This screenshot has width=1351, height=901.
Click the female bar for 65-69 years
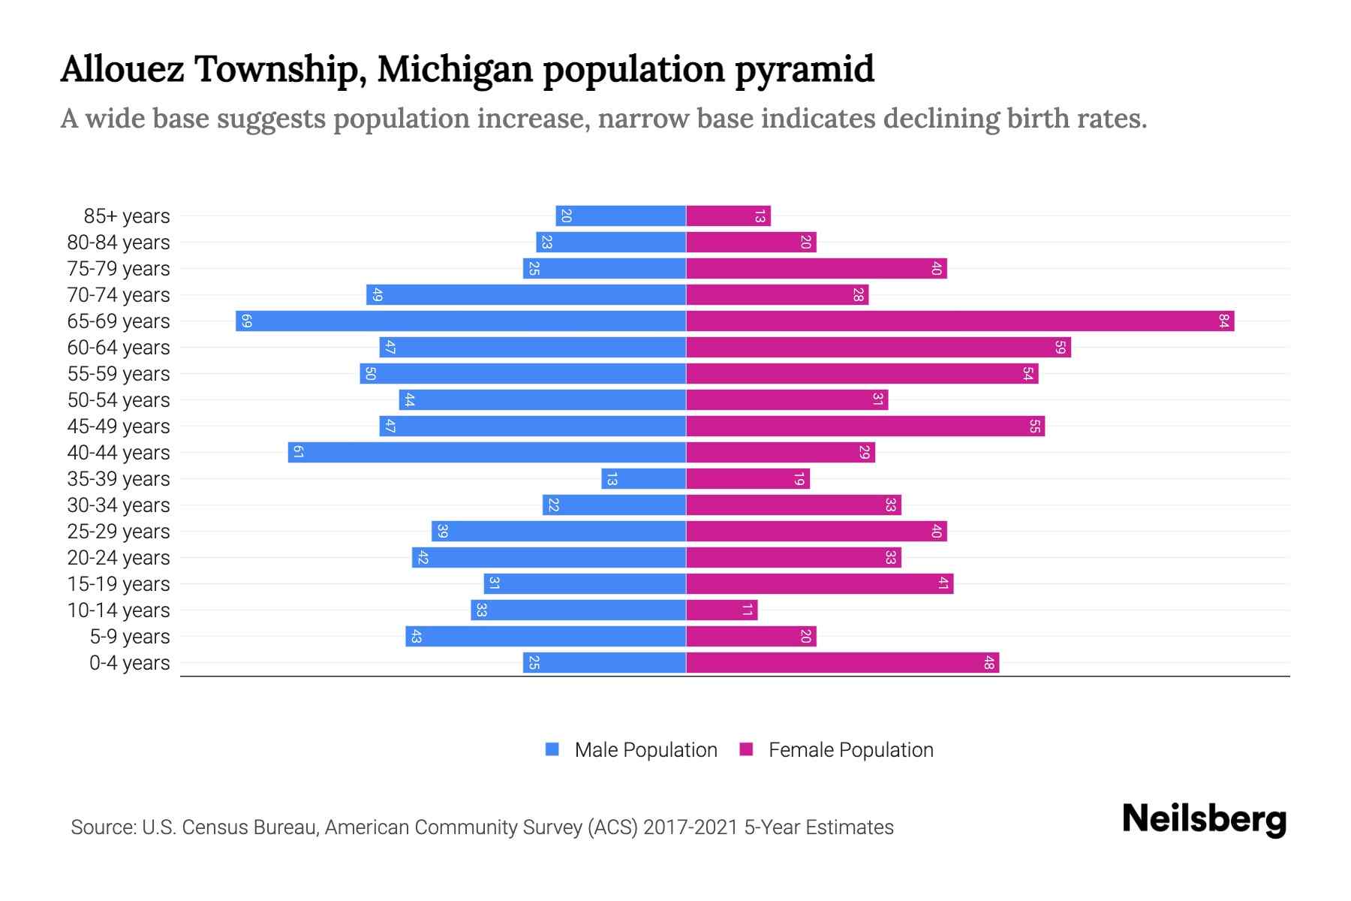click(959, 321)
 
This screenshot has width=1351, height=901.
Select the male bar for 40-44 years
click(486, 453)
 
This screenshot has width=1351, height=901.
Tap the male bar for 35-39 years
click(643, 479)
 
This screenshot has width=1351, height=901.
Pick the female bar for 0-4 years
click(842, 663)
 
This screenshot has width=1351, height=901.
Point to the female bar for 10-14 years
click(721, 610)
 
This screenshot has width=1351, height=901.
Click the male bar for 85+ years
click(620, 216)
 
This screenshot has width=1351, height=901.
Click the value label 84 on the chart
click(1223, 321)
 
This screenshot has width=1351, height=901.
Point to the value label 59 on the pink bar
click(1060, 348)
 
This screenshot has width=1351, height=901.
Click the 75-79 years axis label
click(119, 269)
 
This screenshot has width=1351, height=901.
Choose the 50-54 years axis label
click(119, 400)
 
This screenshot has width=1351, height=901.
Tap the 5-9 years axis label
click(130, 637)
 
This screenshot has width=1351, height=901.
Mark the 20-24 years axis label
click(119, 558)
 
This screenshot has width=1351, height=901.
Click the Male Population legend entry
click(645, 750)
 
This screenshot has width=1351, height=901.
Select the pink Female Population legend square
click(746, 749)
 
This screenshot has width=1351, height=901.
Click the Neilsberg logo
click(1204, 819)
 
